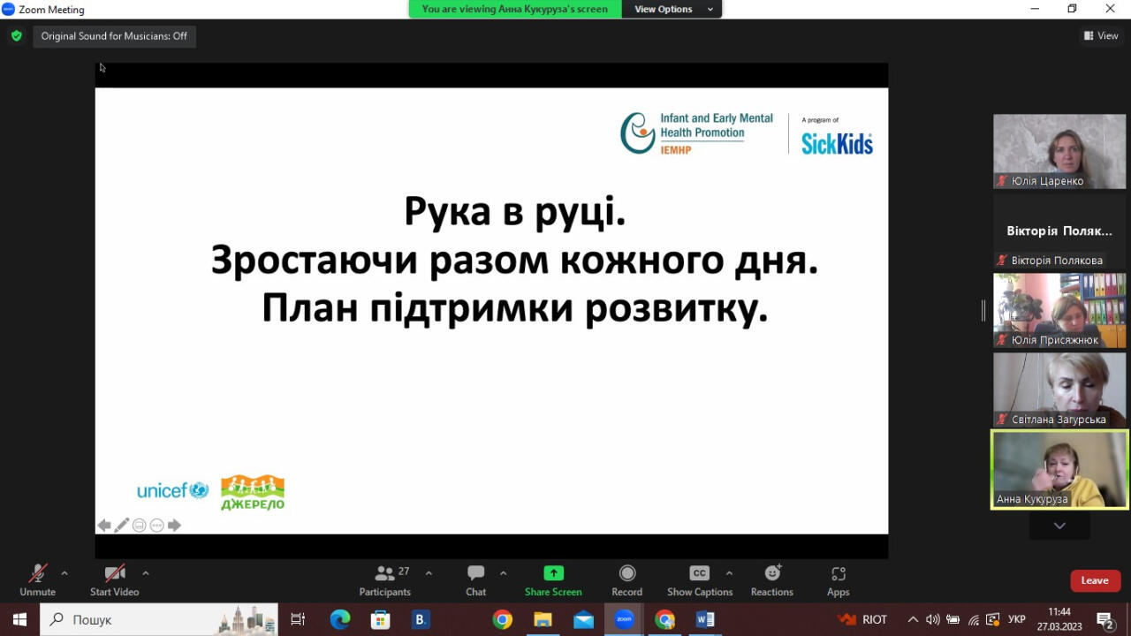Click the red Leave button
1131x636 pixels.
tap(1095, 580)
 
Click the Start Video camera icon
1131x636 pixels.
tap(115, 573)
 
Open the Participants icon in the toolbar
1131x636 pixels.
tap(384, 573)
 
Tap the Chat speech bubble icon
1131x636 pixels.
tap(475, 573)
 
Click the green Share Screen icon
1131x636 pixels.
tap(553, 573)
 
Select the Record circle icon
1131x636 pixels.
tap(627, 573)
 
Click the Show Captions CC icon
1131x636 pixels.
tap(699, 573)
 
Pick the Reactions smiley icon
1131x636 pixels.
tap(772, 573)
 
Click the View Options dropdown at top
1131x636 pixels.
tap(672, 9)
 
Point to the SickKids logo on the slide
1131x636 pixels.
tap(837, 143)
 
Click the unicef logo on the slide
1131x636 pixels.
tap(172, 490)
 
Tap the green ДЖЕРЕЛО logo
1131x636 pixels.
tap(253, 492)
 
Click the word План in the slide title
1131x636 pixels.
tap(310, 308)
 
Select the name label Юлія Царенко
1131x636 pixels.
tap(1047, 181)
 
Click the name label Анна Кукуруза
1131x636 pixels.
tap(1032, 499)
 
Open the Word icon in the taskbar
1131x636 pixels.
tap(705, 619)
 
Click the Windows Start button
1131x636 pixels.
tap(19, 619)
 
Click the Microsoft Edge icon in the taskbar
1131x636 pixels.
tap(340, 619)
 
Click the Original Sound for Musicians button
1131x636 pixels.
tap(114, 36)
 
